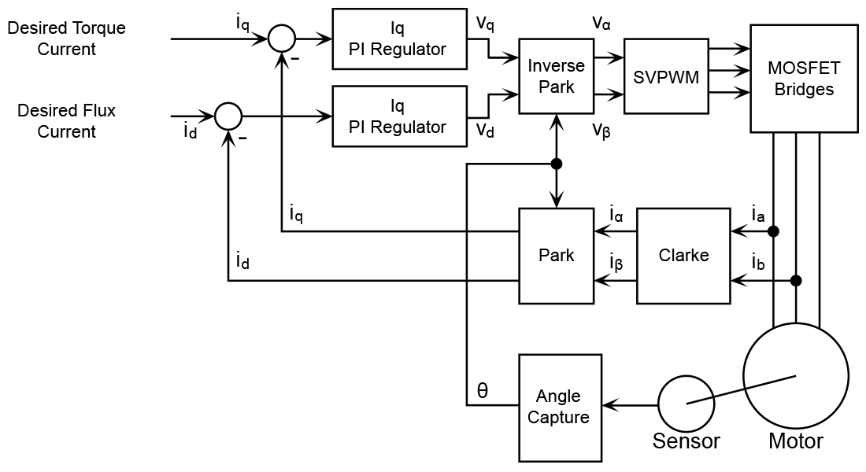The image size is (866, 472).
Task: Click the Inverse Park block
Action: click(x=557, y=76)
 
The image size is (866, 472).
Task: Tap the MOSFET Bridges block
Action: click(x=804, y=79)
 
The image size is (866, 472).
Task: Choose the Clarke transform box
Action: click(x=683, y=256)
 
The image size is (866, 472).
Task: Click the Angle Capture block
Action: click(x=559, y=407)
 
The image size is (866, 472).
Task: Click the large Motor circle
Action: click(x=796, y=376)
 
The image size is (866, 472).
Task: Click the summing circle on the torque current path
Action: click(x=281, y=38)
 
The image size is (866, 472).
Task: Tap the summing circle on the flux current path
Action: click(x=228, y=116)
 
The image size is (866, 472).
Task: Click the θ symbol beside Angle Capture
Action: click(x=483, y=391)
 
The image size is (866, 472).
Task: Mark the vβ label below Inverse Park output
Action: click(x=602, y=131)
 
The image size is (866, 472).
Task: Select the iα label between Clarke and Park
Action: click(x=616, y=214)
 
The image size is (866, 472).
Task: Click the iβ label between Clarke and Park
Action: click(x=616, y=262)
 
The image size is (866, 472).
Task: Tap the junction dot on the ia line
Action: click(x=774, y=231)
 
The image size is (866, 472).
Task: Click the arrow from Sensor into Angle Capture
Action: click(x=630, y=406)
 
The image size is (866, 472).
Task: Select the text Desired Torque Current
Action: click(x=66, y=39)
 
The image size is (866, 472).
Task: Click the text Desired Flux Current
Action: click(x=66, y=121)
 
